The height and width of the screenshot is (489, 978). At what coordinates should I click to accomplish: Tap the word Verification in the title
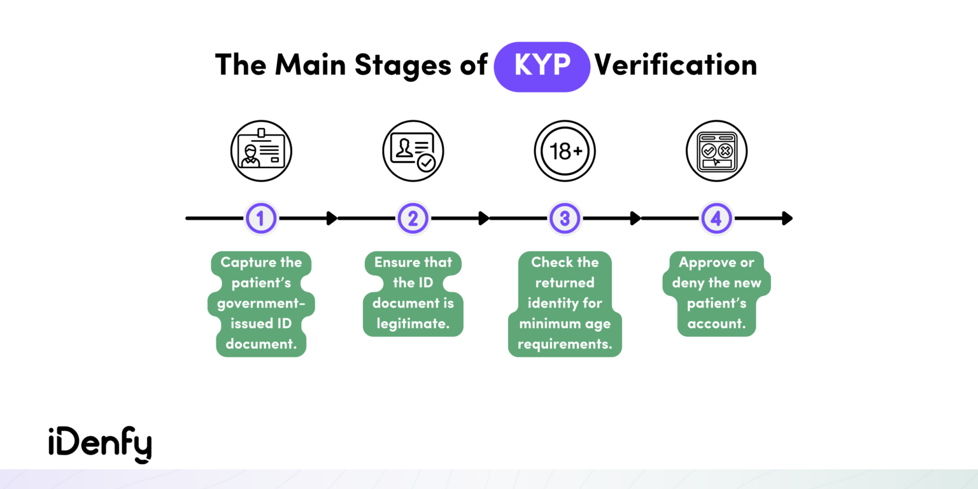click(x=676, y=66)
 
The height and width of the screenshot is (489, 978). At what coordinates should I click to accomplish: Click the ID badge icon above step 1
click(x=261, y=152)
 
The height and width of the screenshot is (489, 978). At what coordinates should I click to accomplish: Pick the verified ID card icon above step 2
click(x=413, y=152)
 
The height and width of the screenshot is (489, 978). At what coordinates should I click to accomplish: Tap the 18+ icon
click(x=564, y=152)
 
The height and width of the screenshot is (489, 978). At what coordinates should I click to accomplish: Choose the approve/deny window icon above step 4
click(x=716, y=152)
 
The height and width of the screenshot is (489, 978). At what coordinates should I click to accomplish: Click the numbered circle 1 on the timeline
click(x=261, y=218)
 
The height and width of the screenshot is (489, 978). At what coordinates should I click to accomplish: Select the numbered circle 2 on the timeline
click(x=413, y=218)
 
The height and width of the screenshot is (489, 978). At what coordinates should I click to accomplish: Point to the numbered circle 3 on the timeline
click(x=564, y=218)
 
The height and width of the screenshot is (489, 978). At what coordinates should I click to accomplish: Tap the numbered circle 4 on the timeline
click(x=716, y=218)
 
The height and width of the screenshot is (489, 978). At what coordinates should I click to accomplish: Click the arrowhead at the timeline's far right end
click(x=788, y=218)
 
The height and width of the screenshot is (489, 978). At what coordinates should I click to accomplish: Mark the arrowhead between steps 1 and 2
click(x=332, y=218)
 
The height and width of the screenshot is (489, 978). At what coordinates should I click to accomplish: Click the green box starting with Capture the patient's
click(x=261, y=304)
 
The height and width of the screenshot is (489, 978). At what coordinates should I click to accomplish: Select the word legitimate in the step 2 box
click(x=413, y=323)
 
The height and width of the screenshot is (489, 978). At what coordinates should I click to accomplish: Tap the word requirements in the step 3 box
click(x=565, y=344)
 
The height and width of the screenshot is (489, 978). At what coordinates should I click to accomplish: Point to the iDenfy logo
click(x=100, y=443)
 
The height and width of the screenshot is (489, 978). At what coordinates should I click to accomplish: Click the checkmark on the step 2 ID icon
click(x=426, y=164)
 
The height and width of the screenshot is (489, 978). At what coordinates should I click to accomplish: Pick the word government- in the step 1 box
click(x=261, y=303)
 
